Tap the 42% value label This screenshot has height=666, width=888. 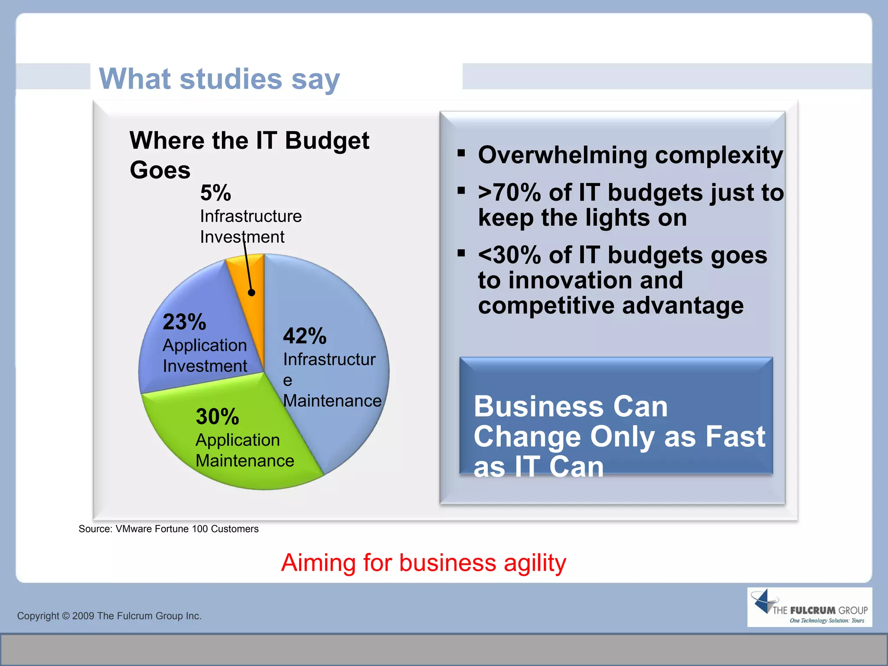(x=304, y=336)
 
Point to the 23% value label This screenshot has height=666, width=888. (x=184, y=322)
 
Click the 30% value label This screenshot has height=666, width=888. (x=217, y=417)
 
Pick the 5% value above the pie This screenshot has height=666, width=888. (x=215, y=193)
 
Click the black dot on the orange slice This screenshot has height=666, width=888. (x=251, y=293)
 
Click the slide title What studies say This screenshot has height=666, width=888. (x=219, y=79)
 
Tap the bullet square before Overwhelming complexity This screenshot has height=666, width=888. (x=461, y=153)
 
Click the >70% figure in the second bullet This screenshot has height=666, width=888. (x=509, y=193)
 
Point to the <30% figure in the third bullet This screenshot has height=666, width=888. (x=509, y=255)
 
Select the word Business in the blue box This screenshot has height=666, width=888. (x=538, y=407)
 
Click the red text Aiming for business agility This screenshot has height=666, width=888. (x=424, y=563)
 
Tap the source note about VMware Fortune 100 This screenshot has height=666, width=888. (x=168, y=529)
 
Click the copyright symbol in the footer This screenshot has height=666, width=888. (x=65, y=616)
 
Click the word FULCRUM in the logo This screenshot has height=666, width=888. (x=813, y=610)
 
